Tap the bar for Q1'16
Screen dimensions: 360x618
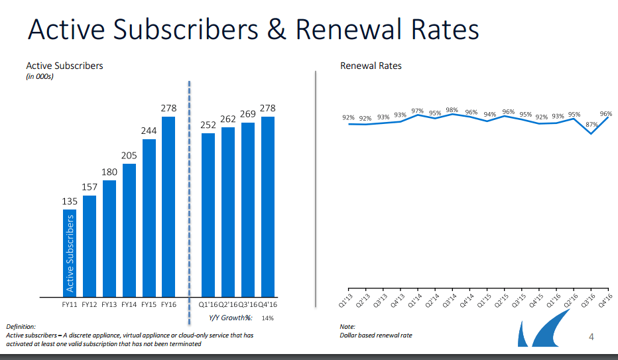208,215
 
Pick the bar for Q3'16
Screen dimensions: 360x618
248,210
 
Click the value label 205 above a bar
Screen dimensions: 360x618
129,156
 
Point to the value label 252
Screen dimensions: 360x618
208,125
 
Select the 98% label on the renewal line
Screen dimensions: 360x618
452,110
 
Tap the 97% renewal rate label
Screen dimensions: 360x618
418,111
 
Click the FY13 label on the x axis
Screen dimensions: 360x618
109,305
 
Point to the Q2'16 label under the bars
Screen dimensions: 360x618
228,305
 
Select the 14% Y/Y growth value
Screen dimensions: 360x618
268,318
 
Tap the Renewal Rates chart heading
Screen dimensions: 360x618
371,66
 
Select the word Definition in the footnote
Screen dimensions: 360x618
21,327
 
